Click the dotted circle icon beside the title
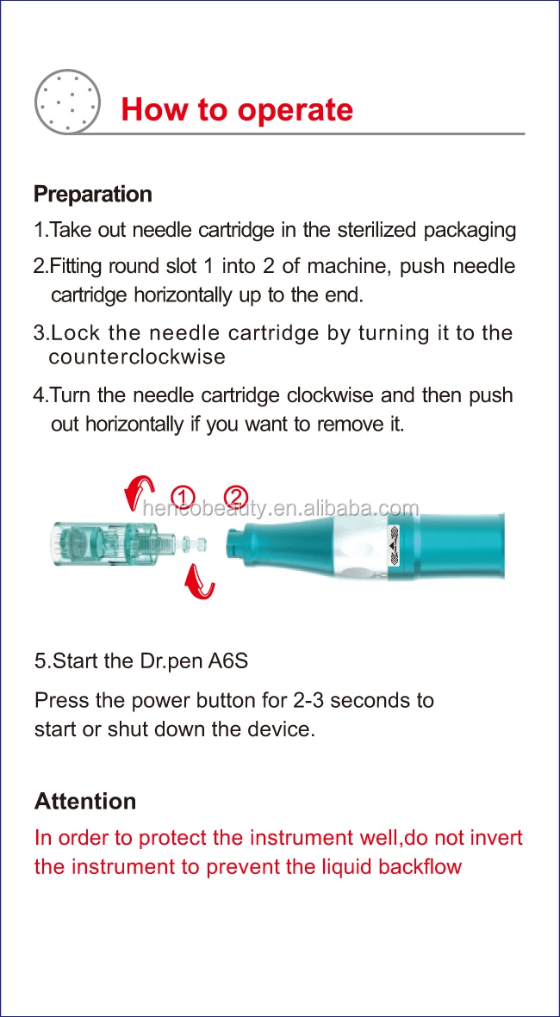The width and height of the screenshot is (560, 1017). (x=67, y=102)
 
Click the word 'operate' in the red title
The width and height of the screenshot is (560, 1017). (x=296, y=110)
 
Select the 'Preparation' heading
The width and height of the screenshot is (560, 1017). (x=93, y=195)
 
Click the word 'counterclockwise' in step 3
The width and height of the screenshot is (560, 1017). (x=138, y=357)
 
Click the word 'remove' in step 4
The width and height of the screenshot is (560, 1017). (x=347, y=425)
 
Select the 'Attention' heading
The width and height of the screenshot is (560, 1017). (x=85, y=801)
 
